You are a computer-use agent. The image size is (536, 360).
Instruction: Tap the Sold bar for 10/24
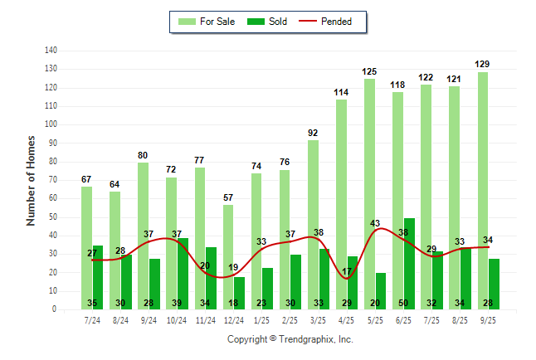click(x=183, y=274)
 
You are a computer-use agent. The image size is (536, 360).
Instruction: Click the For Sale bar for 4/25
click(x=341, y=204)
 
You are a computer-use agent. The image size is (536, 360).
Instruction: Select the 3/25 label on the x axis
click(x=318, y=320)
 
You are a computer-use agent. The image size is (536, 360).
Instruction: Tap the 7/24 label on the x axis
click(x=92, y=320)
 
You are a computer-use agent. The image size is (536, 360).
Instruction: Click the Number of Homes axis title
click(x=32, y=180)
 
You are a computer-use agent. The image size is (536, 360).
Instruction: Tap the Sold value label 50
click(x=408, y=303)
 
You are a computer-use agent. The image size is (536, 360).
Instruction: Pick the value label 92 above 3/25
click(x=313, y=133)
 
